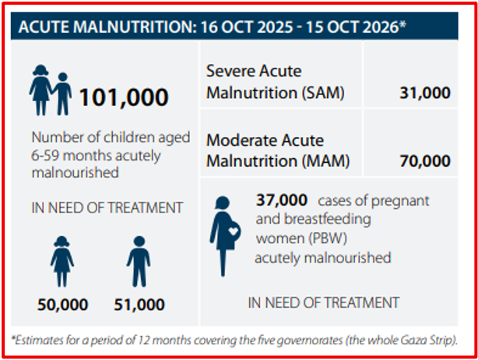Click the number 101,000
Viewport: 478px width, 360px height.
tap(124, 97)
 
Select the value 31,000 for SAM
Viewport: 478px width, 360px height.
tap(425, 93)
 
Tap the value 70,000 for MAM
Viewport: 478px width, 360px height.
tap(425, 161)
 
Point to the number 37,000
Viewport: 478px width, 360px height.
tap(282, 200)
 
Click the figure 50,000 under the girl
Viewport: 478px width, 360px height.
tap(63, 305)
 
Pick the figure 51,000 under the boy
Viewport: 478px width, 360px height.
tap(139, 305)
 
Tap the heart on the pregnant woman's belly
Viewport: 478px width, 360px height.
tap(234, 231)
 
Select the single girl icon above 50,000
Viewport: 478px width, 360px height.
tap(62, 262)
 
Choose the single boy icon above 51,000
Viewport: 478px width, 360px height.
tap(139, 262)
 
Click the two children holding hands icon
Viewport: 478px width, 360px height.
tap(51, 90)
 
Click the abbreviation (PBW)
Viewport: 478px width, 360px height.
tap(328, 238)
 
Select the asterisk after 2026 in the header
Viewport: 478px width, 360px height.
tap(402, 24)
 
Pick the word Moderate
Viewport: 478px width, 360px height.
tap(242, 140)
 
